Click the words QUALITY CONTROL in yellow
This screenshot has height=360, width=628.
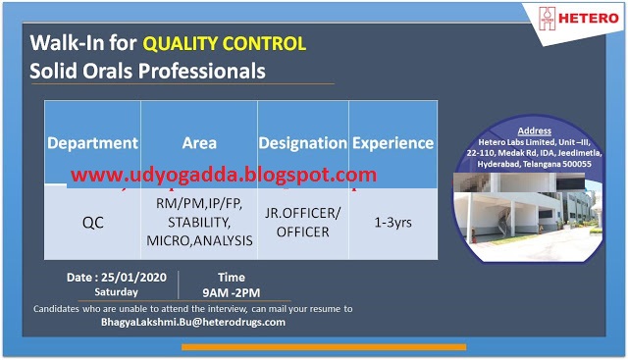(225, 43)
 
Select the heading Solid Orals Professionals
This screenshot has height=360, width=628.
(147, 71)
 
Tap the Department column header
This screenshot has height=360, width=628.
(93, 142)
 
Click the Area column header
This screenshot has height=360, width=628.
(199, 142)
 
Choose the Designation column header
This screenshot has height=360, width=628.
(302, 142)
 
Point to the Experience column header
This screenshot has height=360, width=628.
(392, 142)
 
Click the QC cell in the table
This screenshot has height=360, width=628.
(93, 222)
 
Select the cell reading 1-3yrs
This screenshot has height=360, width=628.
(392, 222)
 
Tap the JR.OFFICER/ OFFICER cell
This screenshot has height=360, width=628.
(302, 221)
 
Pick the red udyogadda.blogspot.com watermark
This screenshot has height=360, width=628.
(223, 176)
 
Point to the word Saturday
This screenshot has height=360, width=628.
(116, 291)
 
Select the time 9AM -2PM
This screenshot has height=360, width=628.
(232, 291)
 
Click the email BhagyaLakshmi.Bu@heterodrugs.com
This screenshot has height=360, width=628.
(193, 322)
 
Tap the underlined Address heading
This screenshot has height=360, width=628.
(534, 130)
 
